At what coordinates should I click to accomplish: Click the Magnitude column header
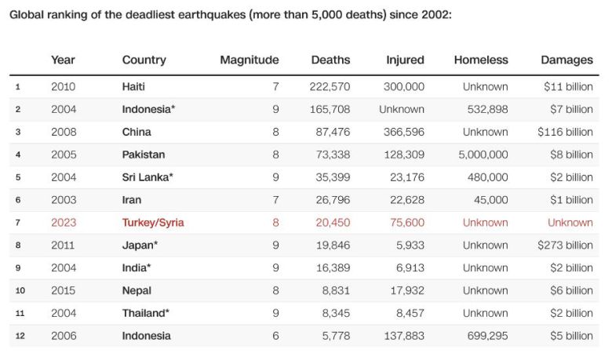pos(249,60)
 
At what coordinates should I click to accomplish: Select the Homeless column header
pos(481,60)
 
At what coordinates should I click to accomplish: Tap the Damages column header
pos(566,60)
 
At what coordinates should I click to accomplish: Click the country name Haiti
pos(133,87)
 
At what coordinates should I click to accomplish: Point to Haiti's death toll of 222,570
pos(330,87)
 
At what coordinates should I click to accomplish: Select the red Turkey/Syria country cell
pos(153,223)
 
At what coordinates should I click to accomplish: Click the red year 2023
pos(64,223)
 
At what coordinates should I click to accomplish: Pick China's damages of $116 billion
pos(565,132)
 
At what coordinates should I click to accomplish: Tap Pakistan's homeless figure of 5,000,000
pos(483,155)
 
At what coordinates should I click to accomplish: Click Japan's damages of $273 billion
pos(565,245)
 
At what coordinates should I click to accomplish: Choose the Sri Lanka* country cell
pos(148,177)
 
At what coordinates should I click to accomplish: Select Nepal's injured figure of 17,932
pos(405,291)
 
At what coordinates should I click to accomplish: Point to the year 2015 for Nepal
pos(64,291)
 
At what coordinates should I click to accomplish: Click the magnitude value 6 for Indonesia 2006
pos(275,336)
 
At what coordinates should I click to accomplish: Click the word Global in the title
pos(27,15)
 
